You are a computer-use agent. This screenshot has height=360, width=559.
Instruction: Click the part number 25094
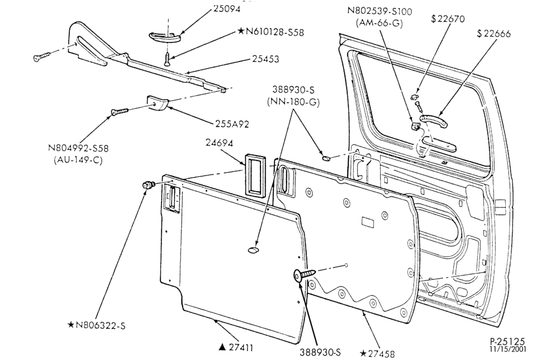tap(226, 8)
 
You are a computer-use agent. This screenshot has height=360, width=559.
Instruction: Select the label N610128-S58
tap(275, 32)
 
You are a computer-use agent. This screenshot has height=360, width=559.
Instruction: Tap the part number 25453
tap(266, 59)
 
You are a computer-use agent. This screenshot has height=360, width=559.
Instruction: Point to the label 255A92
tap(232, 124)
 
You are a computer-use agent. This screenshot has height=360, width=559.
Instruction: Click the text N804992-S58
tap(78, 148)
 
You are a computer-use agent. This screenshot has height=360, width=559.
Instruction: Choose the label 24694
tap(219, 143)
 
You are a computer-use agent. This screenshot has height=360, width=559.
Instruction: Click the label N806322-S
tap(101, 325)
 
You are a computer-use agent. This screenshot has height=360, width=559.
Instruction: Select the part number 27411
tap(241, 348)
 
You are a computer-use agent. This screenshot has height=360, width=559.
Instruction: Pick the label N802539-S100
tap(380, 11)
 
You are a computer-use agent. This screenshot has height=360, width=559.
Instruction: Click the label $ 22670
tap(448, 19)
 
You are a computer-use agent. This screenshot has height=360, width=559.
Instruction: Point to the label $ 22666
tap(494, 34)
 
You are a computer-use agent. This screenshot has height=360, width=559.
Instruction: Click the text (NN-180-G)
tap(293, 102)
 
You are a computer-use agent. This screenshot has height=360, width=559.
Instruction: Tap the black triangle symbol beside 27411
tap(222, 347)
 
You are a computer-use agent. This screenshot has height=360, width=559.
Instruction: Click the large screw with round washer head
tap(304, 275)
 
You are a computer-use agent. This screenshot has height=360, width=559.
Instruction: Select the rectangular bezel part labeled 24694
tap(255, 174)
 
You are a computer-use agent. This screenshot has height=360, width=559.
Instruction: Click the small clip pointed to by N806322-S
tap(148, 184)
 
